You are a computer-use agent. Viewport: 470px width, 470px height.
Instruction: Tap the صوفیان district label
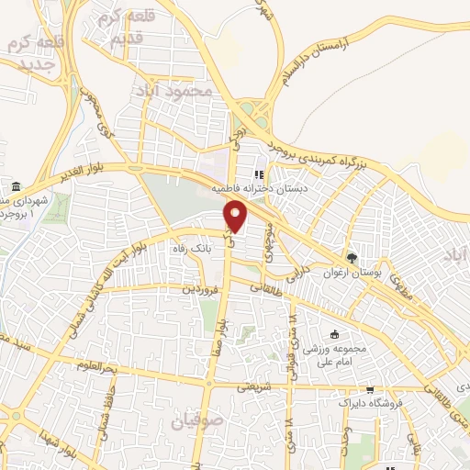pyautogui.click(x=196, y=422)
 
